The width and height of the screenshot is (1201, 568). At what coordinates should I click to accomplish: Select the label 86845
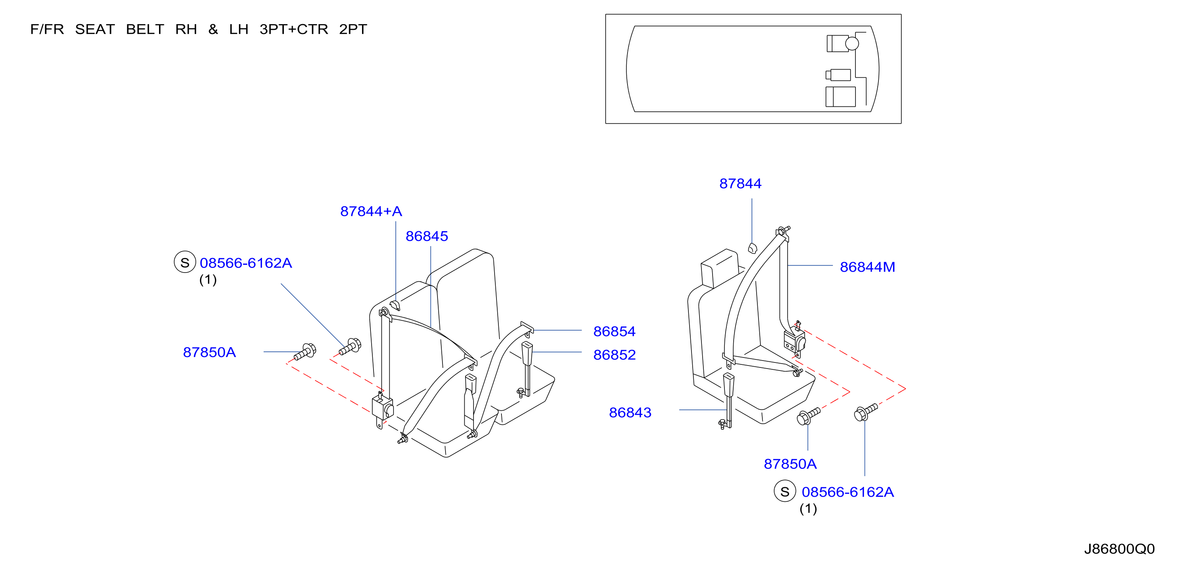coord(427,236)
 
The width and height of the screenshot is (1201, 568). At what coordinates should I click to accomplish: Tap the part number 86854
coord(614,331)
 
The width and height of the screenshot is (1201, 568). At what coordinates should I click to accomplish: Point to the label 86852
coord(614,354)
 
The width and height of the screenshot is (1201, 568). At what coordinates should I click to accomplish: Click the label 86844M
coord(867,267)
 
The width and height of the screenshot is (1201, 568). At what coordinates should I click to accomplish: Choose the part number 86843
coord(630,412)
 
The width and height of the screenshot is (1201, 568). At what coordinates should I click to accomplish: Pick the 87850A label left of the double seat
coord(209,352)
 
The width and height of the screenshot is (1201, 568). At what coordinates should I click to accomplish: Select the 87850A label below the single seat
coord(790,464)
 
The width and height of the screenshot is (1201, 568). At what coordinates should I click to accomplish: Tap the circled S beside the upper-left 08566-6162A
coord(185,262)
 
